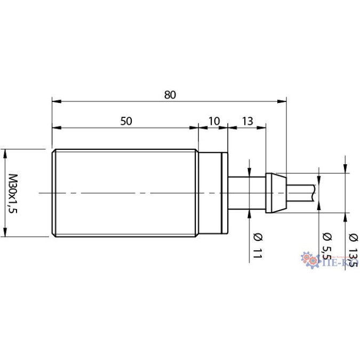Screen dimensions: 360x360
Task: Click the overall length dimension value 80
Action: (170, 95)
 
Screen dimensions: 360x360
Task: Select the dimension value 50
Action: (126, 121)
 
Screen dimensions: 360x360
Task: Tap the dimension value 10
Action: (213, 121)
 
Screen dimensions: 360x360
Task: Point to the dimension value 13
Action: (247, 121)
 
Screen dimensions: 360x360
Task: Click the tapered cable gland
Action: (275, 193)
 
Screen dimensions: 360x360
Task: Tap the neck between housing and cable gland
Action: (246, 193)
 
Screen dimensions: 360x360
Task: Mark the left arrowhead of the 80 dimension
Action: (55, 100)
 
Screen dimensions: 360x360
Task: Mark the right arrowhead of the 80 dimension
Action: (283, 100)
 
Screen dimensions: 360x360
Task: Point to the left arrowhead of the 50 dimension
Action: (55, 127)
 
